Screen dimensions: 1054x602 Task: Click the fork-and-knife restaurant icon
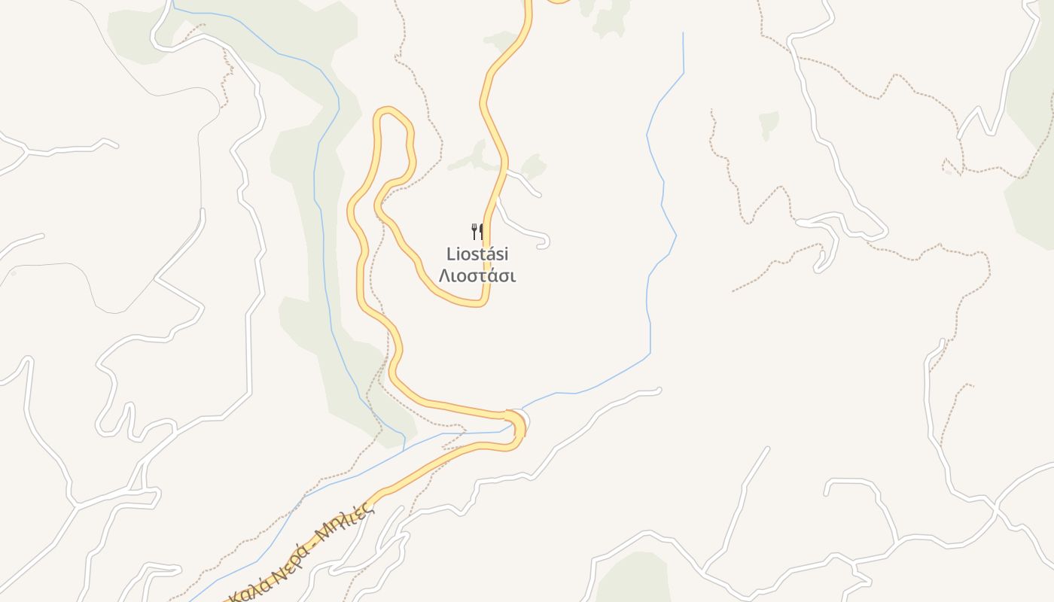click(477, 230)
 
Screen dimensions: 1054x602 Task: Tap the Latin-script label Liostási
click(477, 254)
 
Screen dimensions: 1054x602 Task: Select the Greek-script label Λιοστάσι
click(477, 275)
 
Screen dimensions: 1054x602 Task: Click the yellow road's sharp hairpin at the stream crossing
click(519, 425)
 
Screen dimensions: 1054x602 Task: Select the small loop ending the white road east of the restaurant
click(544, 242)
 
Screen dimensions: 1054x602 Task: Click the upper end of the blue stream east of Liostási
click(683, 34)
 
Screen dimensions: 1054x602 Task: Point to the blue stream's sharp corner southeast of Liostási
click(650, 353)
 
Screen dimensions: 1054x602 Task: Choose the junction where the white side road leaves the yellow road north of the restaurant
click(506, 172)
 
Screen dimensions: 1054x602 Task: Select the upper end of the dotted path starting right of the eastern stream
click(711, 111)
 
